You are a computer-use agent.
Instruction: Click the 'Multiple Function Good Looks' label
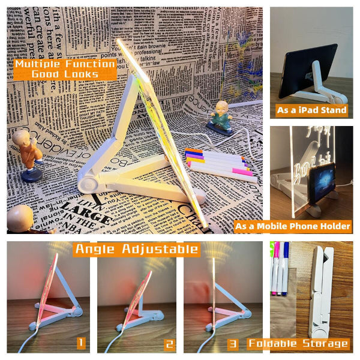pos(65,69)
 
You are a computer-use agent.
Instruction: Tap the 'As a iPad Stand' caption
pos(311,110)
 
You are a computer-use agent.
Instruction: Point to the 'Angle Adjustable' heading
pos(136,249)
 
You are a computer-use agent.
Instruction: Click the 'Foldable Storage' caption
pos(298,343)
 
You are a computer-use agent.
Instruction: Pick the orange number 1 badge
pos(80,343)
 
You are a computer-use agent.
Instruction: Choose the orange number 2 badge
pos(169,344)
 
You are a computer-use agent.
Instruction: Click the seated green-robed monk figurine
pos(220,117)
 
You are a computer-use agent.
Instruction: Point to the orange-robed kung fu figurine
pos(28,153)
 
